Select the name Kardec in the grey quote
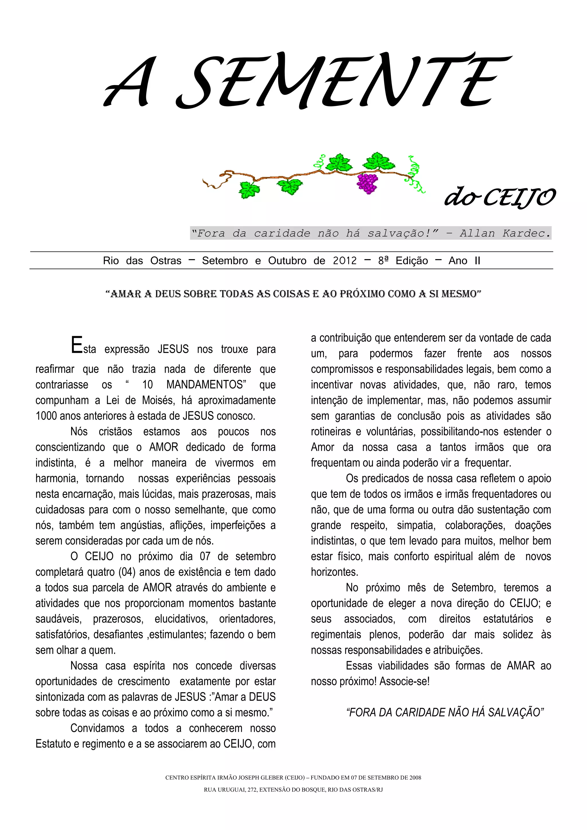point(526,234)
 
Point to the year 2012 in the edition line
point(345,261)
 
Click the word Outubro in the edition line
point(287,261)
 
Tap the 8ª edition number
point(383,261)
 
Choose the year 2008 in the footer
point(415,778)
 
